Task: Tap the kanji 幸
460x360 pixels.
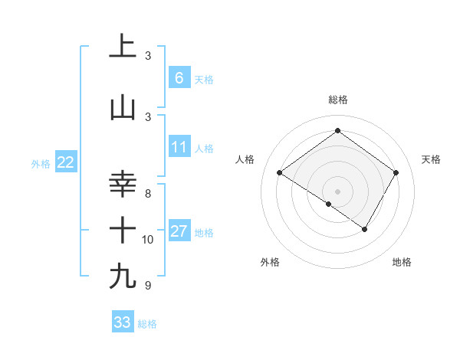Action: point(123,185)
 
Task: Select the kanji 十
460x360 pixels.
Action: point(123,230)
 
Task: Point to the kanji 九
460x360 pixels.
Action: point(123,276)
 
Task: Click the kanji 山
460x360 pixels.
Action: point(123,108)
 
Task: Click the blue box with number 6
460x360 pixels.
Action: point(179,78)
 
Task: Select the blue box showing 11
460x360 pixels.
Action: point(179,147)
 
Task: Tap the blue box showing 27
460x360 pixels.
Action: point(179,231)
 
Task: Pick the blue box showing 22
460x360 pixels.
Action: point(65,162)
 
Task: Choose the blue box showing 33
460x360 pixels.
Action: point(122,322)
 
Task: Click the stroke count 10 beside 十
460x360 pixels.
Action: point(148,240)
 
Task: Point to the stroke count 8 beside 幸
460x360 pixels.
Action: point(148,194)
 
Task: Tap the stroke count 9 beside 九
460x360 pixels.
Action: point(148,286)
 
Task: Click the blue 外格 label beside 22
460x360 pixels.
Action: point(41,163)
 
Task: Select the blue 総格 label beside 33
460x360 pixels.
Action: point(147,324)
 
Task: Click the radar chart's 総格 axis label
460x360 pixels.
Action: point(337,100)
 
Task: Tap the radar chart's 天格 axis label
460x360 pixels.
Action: point(432,159)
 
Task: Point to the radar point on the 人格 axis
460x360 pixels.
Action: point(280,173)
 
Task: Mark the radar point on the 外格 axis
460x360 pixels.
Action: point(328,205)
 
